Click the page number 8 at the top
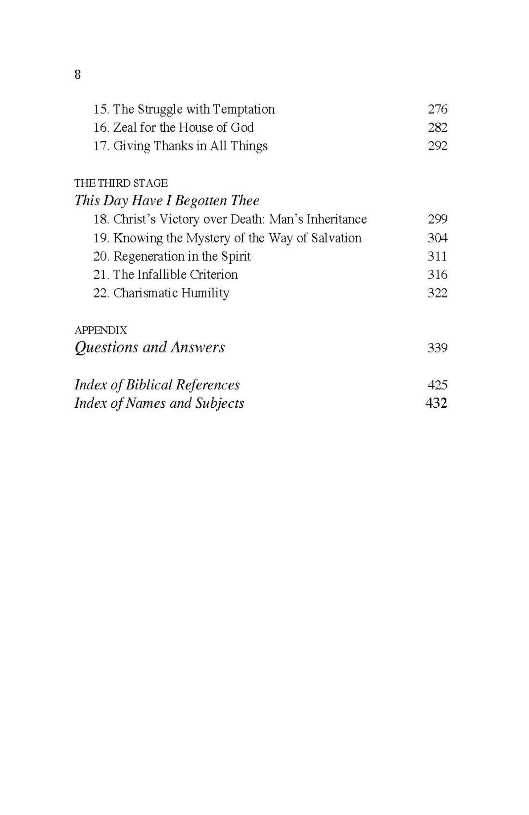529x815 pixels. coord(78,74)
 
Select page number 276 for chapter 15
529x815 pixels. coord(437,109)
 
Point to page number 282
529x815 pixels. coord(437,127)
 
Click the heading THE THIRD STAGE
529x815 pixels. coord(121,183)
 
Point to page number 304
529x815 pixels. coord(437,238)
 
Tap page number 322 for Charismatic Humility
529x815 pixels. coord(437,293)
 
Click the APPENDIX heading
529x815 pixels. coord(101,330)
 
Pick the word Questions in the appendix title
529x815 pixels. coord(106,348)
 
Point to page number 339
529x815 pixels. coord(437,348)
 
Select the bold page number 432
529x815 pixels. coord(436,403)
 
